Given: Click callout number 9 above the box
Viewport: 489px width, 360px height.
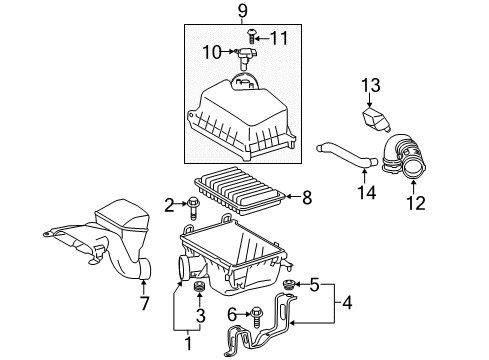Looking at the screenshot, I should click(x=241, y=13).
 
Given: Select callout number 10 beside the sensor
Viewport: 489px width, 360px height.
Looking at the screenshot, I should click(x=212, y=52).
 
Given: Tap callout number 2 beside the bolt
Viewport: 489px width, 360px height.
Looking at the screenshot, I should click(x=168, y=205).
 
